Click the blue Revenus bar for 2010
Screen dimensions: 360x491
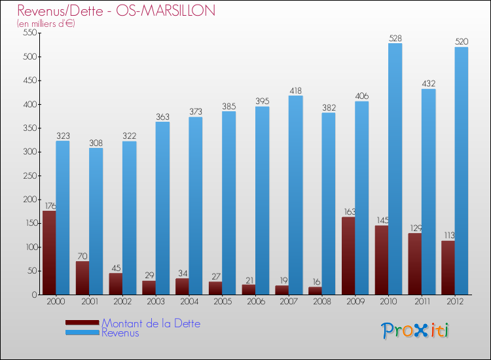(395, 169)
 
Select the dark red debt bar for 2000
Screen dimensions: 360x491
(49, 253)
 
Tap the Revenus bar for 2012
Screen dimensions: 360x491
(462, 171)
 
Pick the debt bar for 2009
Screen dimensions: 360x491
(348, 256)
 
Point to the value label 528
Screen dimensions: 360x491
(395, 39)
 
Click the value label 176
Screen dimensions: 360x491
(50, 206)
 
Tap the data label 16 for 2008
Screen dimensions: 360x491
(316, 282)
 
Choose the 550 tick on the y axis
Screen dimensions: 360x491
(28, 33)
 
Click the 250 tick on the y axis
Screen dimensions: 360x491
(28, 175)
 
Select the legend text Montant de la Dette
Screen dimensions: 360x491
(151, 323)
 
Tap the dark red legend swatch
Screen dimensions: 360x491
(82, 322)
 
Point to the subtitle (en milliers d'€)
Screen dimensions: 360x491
(46, 24)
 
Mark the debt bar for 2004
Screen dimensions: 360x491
(182, 287)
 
